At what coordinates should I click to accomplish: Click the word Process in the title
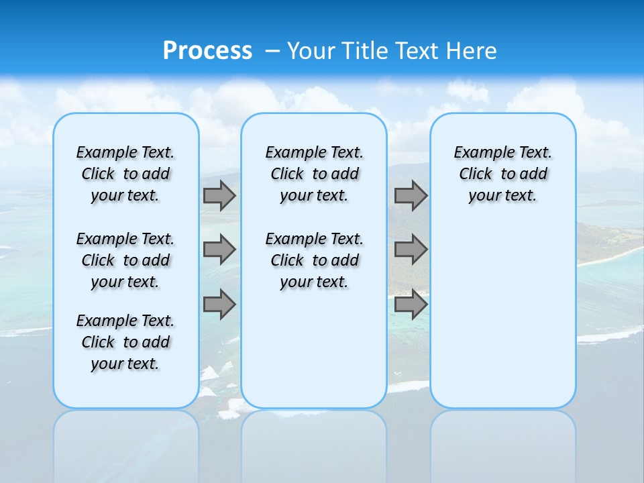tap(207, 50)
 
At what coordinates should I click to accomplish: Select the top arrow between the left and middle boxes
tap(219, 195)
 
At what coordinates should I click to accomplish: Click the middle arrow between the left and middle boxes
tap(219, 250)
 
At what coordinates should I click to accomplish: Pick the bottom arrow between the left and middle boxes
tap(219, 305)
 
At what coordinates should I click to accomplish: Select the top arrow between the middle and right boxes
tap(411, 195)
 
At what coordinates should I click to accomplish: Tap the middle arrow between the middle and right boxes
tap(411, 250)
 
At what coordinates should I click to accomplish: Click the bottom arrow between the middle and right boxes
tap(411, 305)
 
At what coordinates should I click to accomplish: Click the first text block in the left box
tap(125, 174)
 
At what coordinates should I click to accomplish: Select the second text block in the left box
tap(125, 260)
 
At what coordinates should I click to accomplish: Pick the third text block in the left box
tap(125, 342)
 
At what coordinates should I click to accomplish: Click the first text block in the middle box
tap(315, 174)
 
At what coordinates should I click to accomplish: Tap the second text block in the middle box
tap(315, 260)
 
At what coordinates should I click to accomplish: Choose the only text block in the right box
tap(503, 174)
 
